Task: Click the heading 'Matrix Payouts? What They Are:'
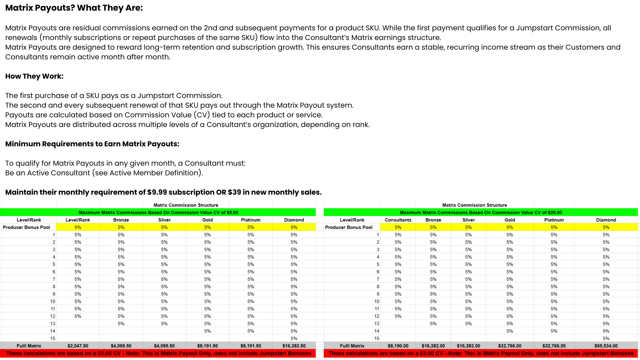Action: tap(74, 8)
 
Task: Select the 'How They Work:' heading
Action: tap(34, 76)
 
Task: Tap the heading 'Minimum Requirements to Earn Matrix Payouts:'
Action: tap(92, 144)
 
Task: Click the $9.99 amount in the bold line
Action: tap(157, 192)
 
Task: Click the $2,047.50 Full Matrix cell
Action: tap(78, 346)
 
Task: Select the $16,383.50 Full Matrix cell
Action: tap(294, 346)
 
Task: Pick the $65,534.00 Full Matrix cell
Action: tap(606, 346)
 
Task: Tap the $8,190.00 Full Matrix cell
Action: tap(398, 346)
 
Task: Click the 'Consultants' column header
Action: tap(398, 220)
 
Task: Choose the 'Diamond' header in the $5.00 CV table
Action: tap(294, 220)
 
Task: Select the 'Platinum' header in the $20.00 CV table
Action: tap(554, 220)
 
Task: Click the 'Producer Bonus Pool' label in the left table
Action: tap(26, 227)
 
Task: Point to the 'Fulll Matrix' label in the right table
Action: tap(352, 346)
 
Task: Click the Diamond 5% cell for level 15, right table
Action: tap(606, 338)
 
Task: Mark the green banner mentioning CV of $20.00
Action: tap(480, 212)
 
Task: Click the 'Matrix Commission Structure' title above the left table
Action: tap(186, 205)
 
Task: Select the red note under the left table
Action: tap(158, 353)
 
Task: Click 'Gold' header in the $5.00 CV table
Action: tap(207, 220)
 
